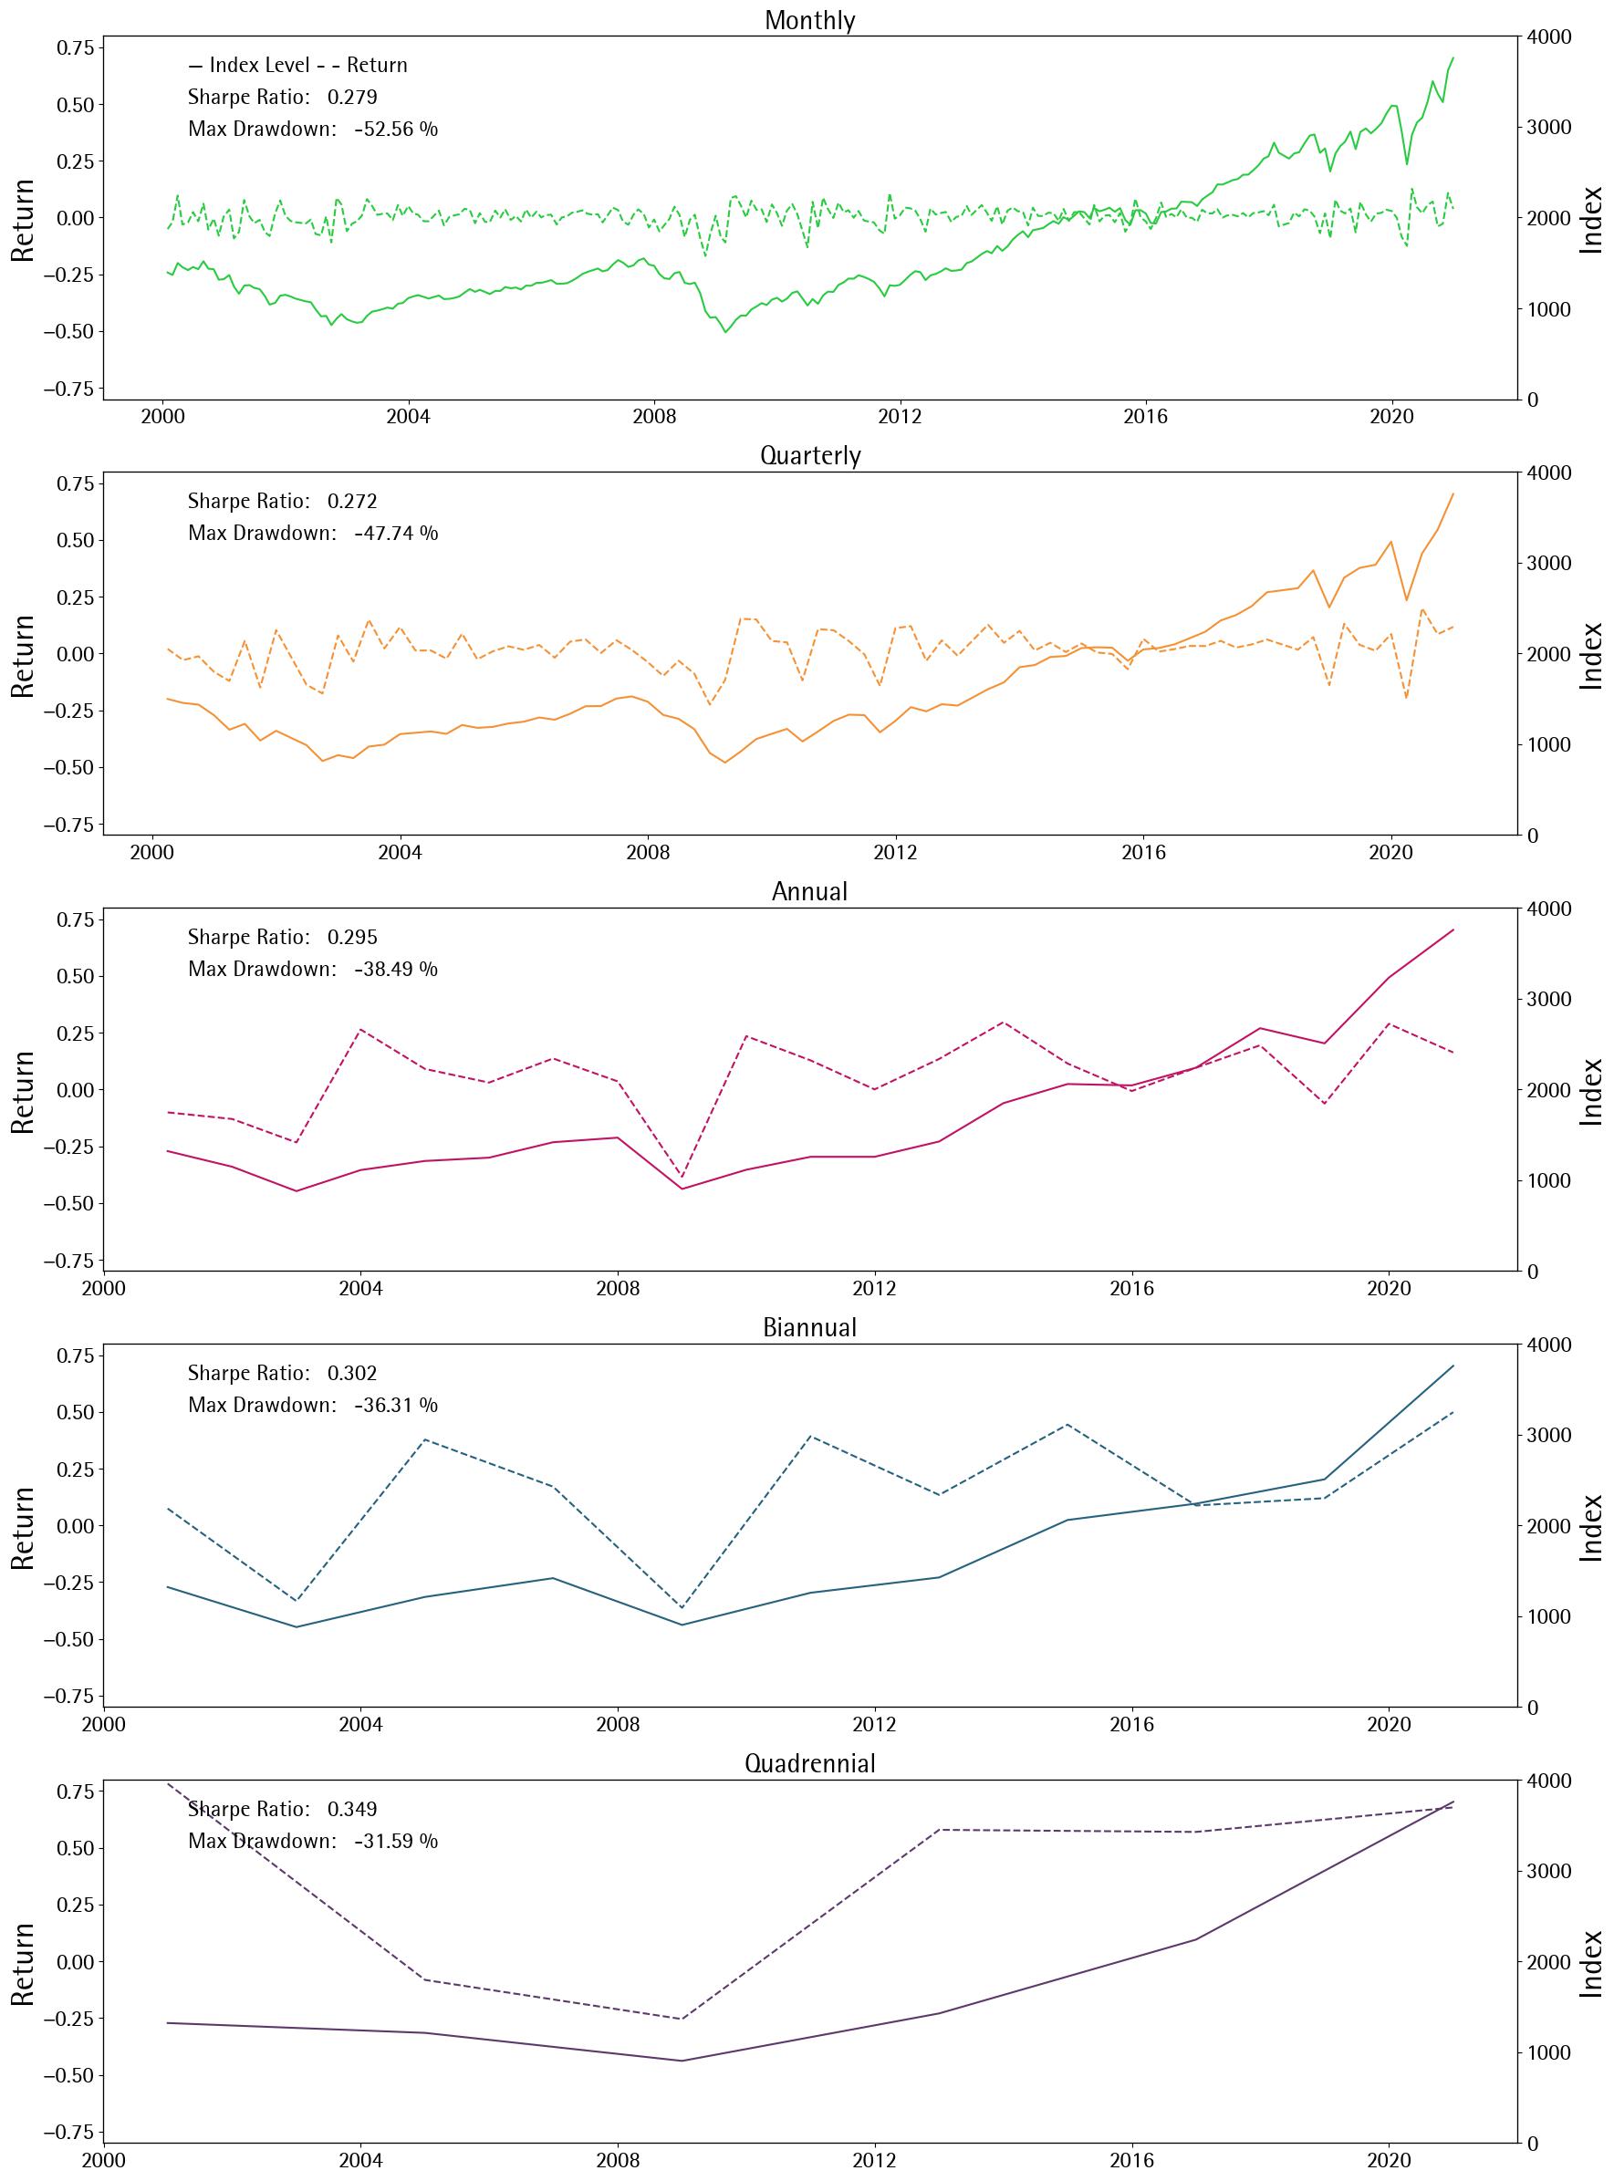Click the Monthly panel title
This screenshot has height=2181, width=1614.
point(809,20)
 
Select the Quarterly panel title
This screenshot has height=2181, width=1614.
point(810,456)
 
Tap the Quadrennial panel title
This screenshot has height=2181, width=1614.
point(810,1763)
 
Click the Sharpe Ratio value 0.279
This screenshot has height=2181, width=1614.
point(351,98)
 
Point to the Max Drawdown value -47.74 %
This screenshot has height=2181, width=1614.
point(396,534)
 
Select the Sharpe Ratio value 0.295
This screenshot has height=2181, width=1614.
point(351,937)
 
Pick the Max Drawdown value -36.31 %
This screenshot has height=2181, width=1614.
point(396,1405)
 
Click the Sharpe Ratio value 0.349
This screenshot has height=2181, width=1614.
point(351,1809)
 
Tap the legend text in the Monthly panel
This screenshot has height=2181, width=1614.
point(297,66)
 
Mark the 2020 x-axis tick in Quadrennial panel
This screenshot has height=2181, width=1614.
point(1389,2162)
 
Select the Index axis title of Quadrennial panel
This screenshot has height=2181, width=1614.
point(1592,1963)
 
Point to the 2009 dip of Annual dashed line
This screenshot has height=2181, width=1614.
point(682,1177)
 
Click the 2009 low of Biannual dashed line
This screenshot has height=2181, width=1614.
point(682,1607)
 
